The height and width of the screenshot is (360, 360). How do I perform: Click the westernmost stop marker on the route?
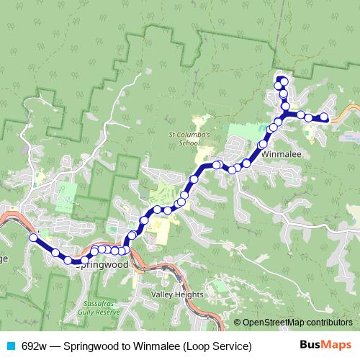click(x=32, y=237)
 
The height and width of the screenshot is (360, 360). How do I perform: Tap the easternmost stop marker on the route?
click(x=324, y=116)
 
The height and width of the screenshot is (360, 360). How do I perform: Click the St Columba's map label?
click(x=189, y=134)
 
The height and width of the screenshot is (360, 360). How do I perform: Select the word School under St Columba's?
click(x=189, y=143)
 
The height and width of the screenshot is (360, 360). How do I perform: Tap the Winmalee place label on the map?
click(x=281, y=154)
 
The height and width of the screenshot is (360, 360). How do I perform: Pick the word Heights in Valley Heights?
click(x=189, y=295)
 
